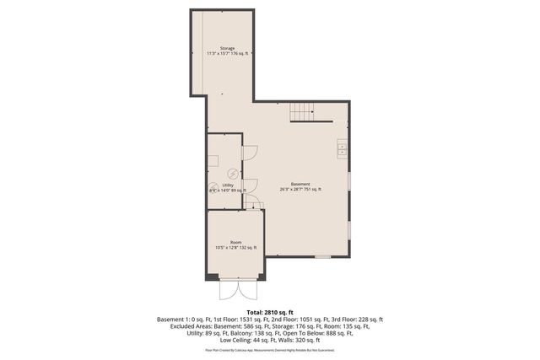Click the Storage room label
pyautogui.click(x=228, y=48)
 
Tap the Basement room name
pyautogui.click(x=300, y=184)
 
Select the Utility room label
pyautogui.click(x=228, y=185)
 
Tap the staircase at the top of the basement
pyautogui.click(x=301, y=111)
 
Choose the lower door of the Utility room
pyautogui.click(x=250, y=188)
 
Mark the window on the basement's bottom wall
pyautogui.click(x=323, y=255)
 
